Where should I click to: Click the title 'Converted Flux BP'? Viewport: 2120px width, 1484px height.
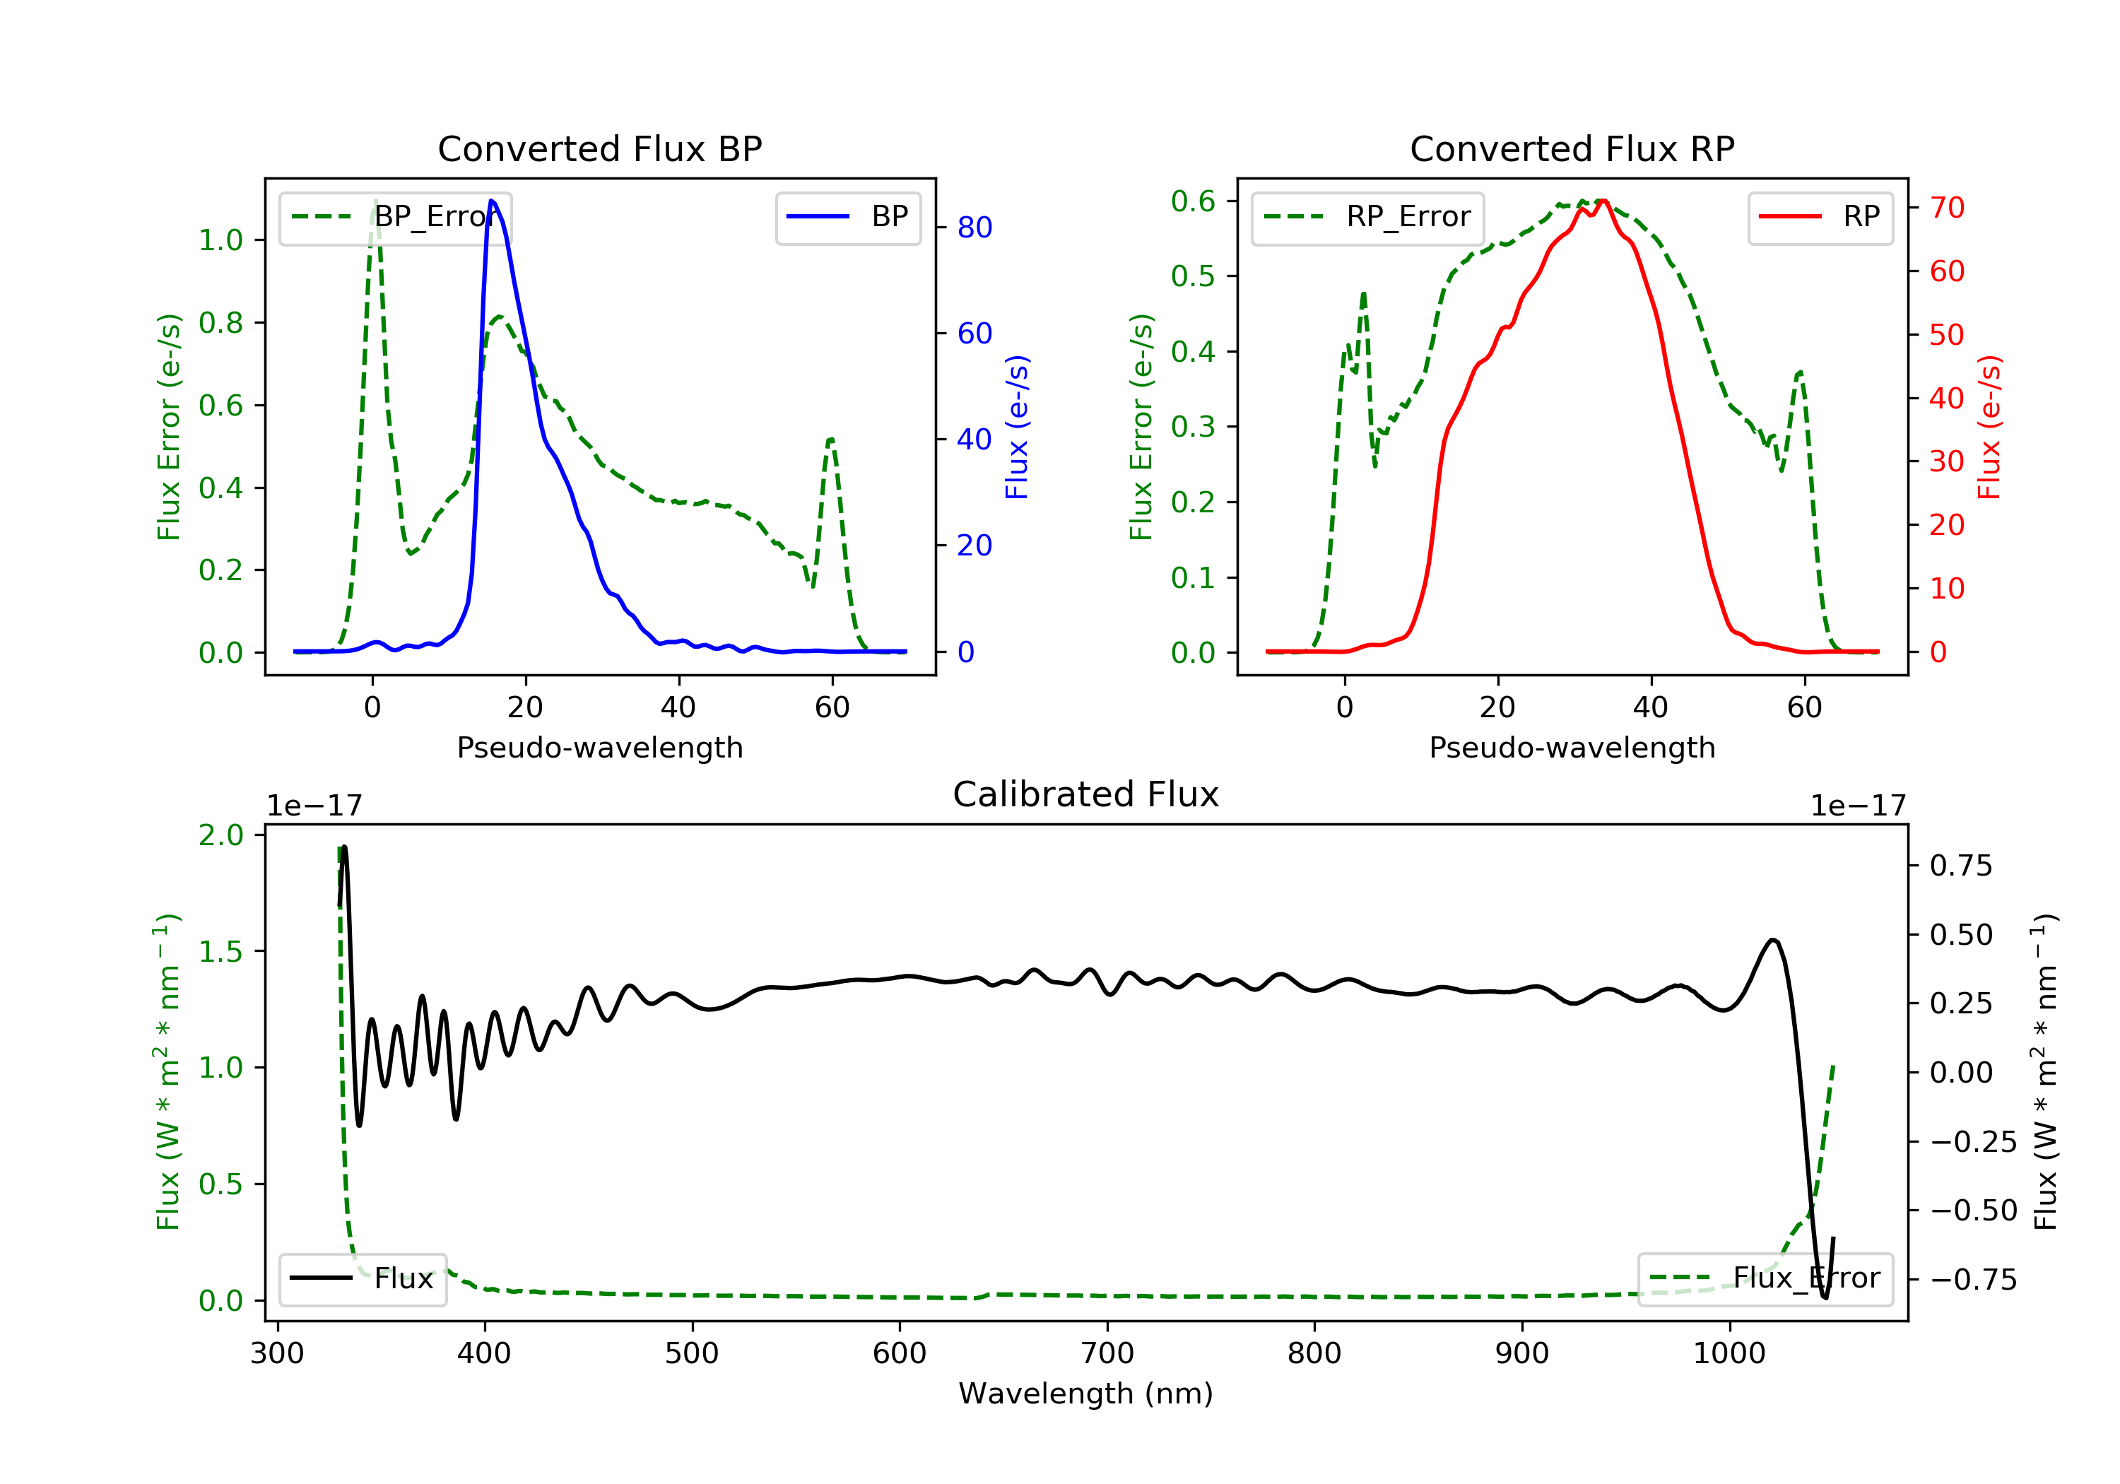tap(599, 148)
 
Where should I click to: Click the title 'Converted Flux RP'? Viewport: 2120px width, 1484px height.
tap(1572, 148)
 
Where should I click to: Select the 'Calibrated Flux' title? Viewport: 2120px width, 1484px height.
tap(1086, 794)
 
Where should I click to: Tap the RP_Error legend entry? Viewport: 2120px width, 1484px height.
tap(1367, 217)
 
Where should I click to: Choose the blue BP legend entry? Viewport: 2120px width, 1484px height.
tap(847, 217)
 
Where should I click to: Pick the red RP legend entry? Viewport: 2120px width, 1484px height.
tap(1819, 217)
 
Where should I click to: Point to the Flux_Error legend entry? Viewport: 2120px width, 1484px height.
tap(1765, 1278)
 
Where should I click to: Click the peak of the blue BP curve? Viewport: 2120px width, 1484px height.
tap(491, 201)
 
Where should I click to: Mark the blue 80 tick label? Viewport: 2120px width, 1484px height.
tap(974, 227)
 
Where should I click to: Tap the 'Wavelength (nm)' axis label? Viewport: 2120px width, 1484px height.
tap(1086, 1394)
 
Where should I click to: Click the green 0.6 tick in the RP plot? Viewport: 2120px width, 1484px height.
tap(1192, 201)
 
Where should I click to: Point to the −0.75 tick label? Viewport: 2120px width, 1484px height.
tap(1973, 1279)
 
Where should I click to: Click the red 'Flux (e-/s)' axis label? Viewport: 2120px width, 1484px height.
tap(1989, 428)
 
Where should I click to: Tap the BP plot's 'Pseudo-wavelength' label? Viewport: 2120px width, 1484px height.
tap(600, 747)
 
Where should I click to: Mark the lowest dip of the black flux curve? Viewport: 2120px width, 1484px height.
tap(1825, 1297)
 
